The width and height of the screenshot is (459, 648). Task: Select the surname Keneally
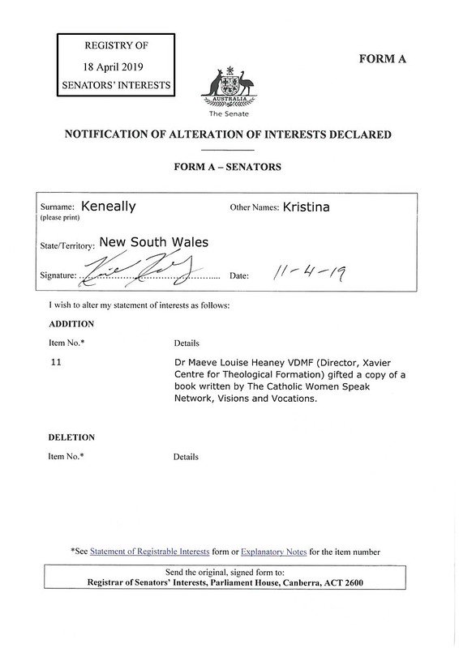coord(109,207)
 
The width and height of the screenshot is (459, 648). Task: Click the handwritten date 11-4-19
coord(307,275)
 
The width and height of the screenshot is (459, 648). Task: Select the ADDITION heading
coord(72,324)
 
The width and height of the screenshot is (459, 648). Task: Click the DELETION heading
coord(71,437)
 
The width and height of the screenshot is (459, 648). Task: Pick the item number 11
coord(56,364)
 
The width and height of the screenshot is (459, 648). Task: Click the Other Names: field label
coord(255,207)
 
